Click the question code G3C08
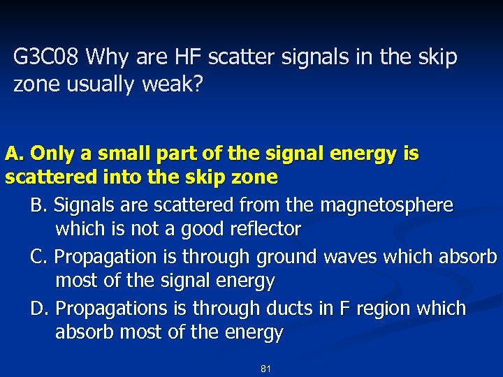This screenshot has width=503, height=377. coord(48,57)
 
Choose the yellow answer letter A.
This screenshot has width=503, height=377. coord(13,154)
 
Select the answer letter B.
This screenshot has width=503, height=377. coord(38,205)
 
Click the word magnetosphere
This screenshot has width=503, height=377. coord(386,205)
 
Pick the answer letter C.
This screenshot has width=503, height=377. coord(39,257)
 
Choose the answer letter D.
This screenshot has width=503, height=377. coord(39,309)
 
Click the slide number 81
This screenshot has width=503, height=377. coord(265,368)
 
